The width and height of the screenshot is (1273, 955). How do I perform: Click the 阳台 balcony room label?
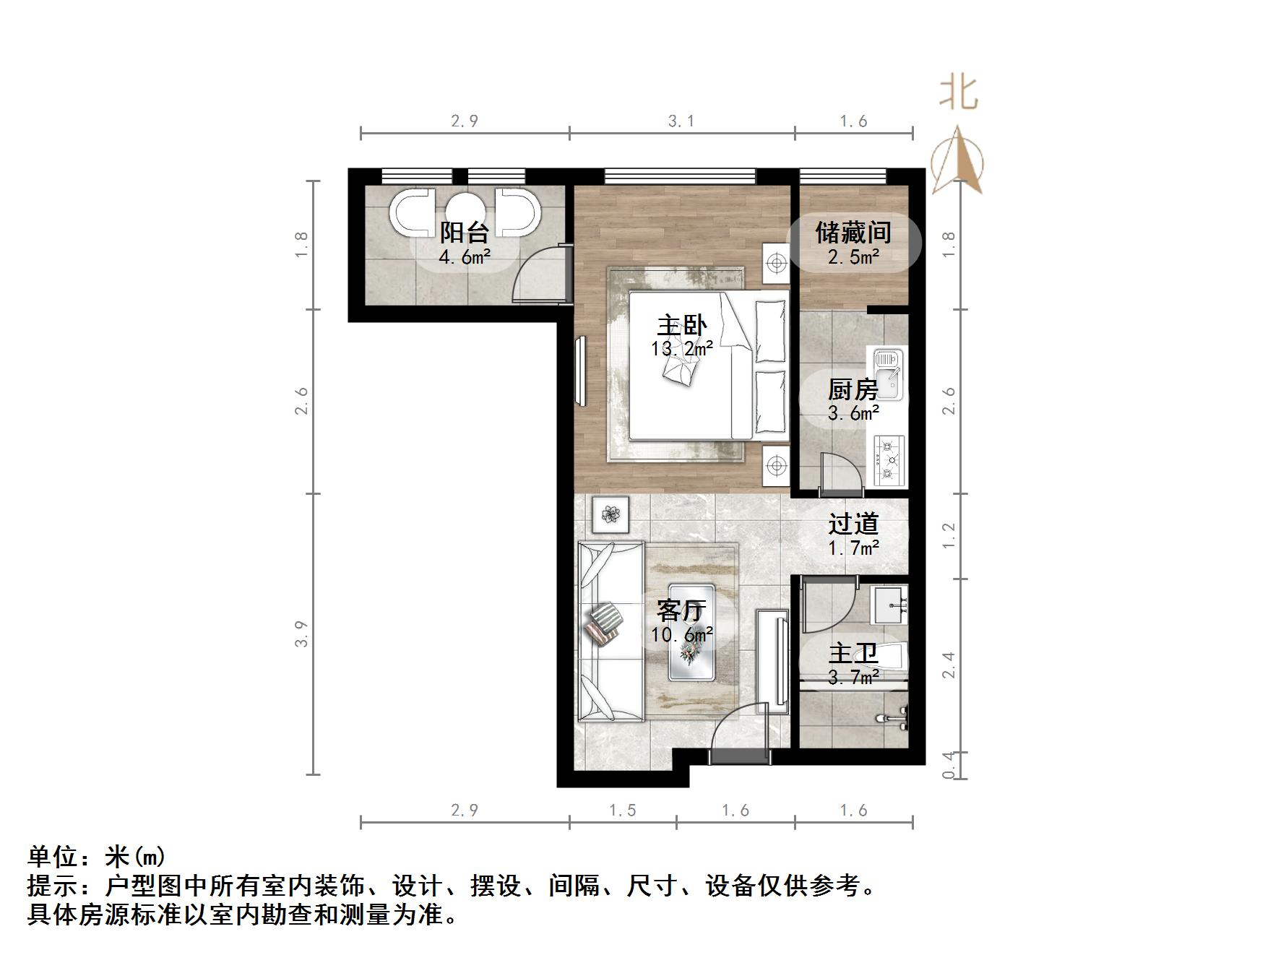pos(465,233)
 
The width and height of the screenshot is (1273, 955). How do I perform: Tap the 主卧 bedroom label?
pos(681,326)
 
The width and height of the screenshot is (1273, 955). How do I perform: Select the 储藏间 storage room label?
pos(853,233)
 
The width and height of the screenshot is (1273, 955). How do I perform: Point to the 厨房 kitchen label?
pos(853,390)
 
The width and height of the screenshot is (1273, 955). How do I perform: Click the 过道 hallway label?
pos(853,524)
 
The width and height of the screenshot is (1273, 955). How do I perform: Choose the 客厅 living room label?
pos(681,611)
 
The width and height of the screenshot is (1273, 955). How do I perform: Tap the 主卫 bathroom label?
pos(853,654)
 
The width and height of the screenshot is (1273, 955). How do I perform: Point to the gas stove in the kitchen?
pos(889,460)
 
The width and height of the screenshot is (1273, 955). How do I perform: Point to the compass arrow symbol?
pos(958,160)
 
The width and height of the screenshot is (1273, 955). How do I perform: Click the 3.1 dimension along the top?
pos(681,121)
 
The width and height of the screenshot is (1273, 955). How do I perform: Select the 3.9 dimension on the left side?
pos(303,634)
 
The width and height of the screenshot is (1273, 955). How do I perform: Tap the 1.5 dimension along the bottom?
pos(622,811)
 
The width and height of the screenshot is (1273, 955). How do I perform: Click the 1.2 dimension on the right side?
pos(949,535)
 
